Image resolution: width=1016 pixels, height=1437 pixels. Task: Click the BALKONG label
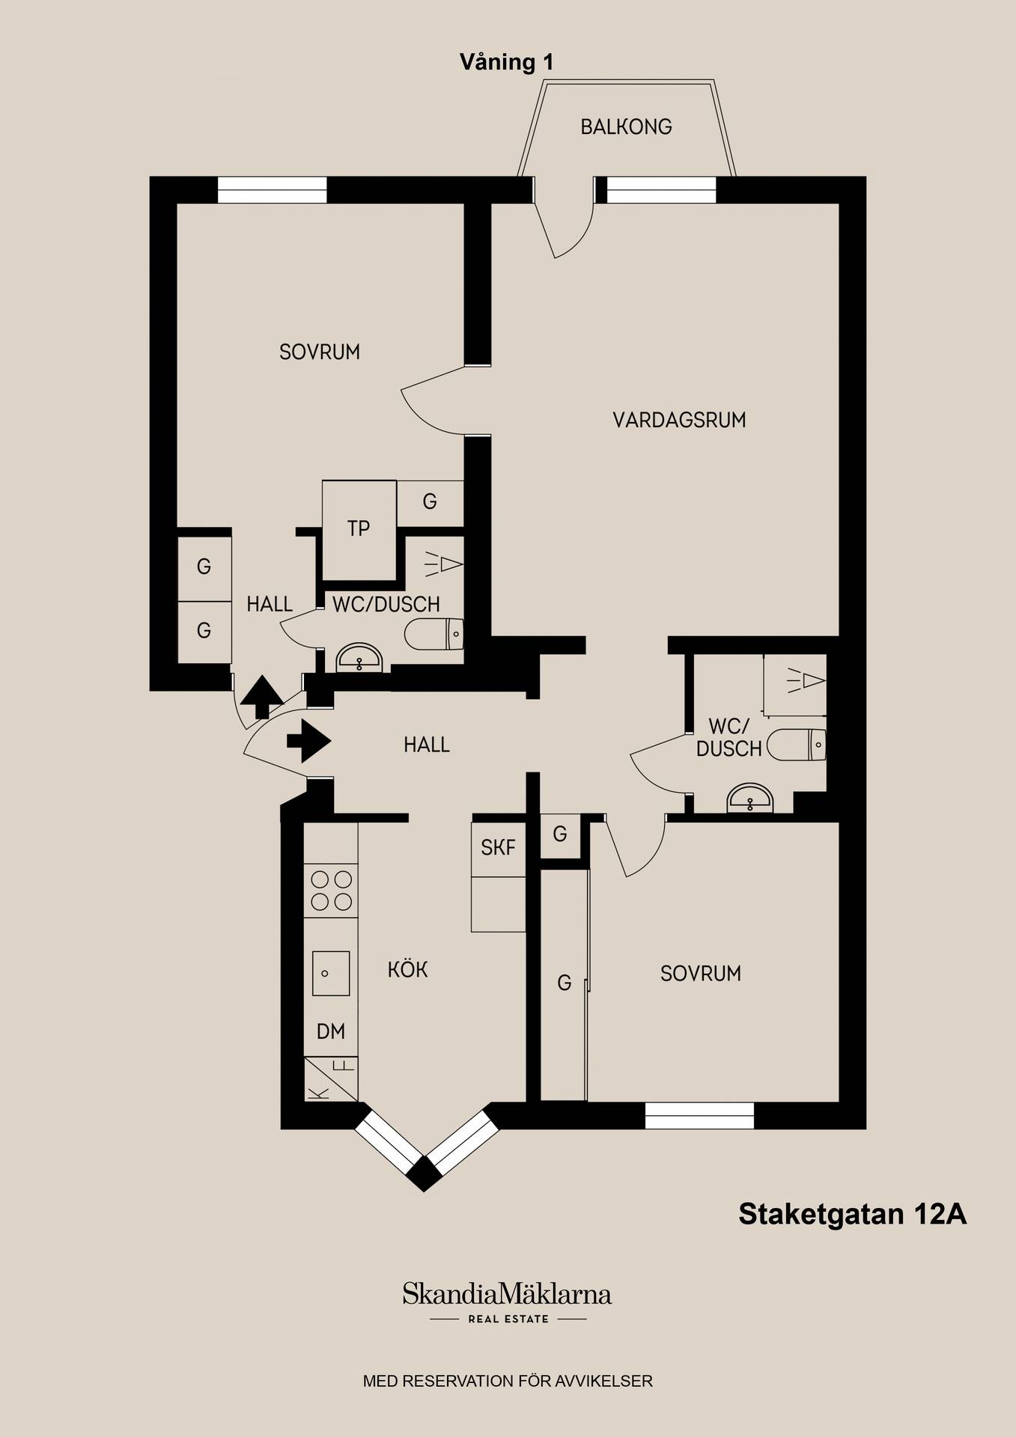click(626, 126)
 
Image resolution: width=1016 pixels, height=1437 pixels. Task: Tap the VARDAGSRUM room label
click(679, 420)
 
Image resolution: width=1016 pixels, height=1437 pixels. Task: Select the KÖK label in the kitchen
click(408, 969)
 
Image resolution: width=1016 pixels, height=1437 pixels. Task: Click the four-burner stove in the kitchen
click(332, 891)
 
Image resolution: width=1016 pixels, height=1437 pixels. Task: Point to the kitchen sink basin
click(331, 973)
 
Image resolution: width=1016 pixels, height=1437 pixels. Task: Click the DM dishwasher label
click(331, 1031)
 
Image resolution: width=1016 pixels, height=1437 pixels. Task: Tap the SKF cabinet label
click(498, 847)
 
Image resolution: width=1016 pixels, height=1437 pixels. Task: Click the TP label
click(359, 528)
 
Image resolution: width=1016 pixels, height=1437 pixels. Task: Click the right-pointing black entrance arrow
click(308, 741)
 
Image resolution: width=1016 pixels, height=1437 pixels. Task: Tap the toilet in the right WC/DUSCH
click(797, 745)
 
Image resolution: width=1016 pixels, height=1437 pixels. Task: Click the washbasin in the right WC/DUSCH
click(750, 799)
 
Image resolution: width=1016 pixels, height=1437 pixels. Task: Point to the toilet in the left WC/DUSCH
click(434, 635)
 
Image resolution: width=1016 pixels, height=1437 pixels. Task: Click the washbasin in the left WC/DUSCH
click(359, 657)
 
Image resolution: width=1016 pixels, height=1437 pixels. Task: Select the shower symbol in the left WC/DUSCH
click(444, 564)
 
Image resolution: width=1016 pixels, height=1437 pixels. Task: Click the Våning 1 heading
click(507, 62)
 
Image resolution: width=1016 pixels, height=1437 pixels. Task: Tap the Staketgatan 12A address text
click(853, 1214)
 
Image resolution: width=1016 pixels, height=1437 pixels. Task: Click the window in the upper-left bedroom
click(273, 190)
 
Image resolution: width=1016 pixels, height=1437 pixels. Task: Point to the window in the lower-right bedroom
click(699, 1115)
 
